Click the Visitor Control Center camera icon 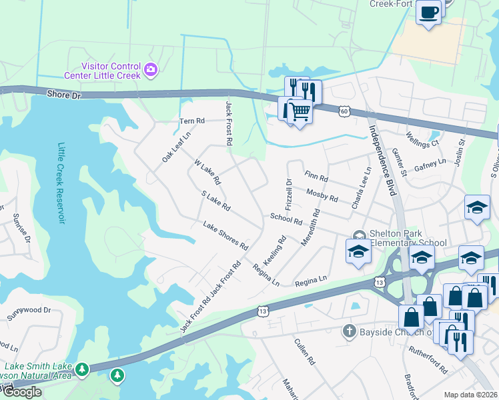(151, 68)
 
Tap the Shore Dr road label (63, 95)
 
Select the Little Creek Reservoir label (63, 183)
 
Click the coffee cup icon (428, 11)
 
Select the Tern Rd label (191, 121)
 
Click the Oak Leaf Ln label (176, 147)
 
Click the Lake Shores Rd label (225, 237)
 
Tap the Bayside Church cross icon (347, 331)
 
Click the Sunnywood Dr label (29, 310)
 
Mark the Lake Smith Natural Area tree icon (82, 368)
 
